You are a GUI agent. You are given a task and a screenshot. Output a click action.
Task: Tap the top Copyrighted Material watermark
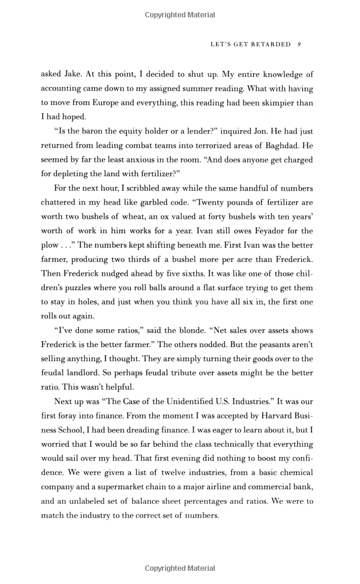click(x=179, y=14)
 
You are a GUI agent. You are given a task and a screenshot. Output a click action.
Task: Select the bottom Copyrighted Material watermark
click(x=179, y=568)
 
